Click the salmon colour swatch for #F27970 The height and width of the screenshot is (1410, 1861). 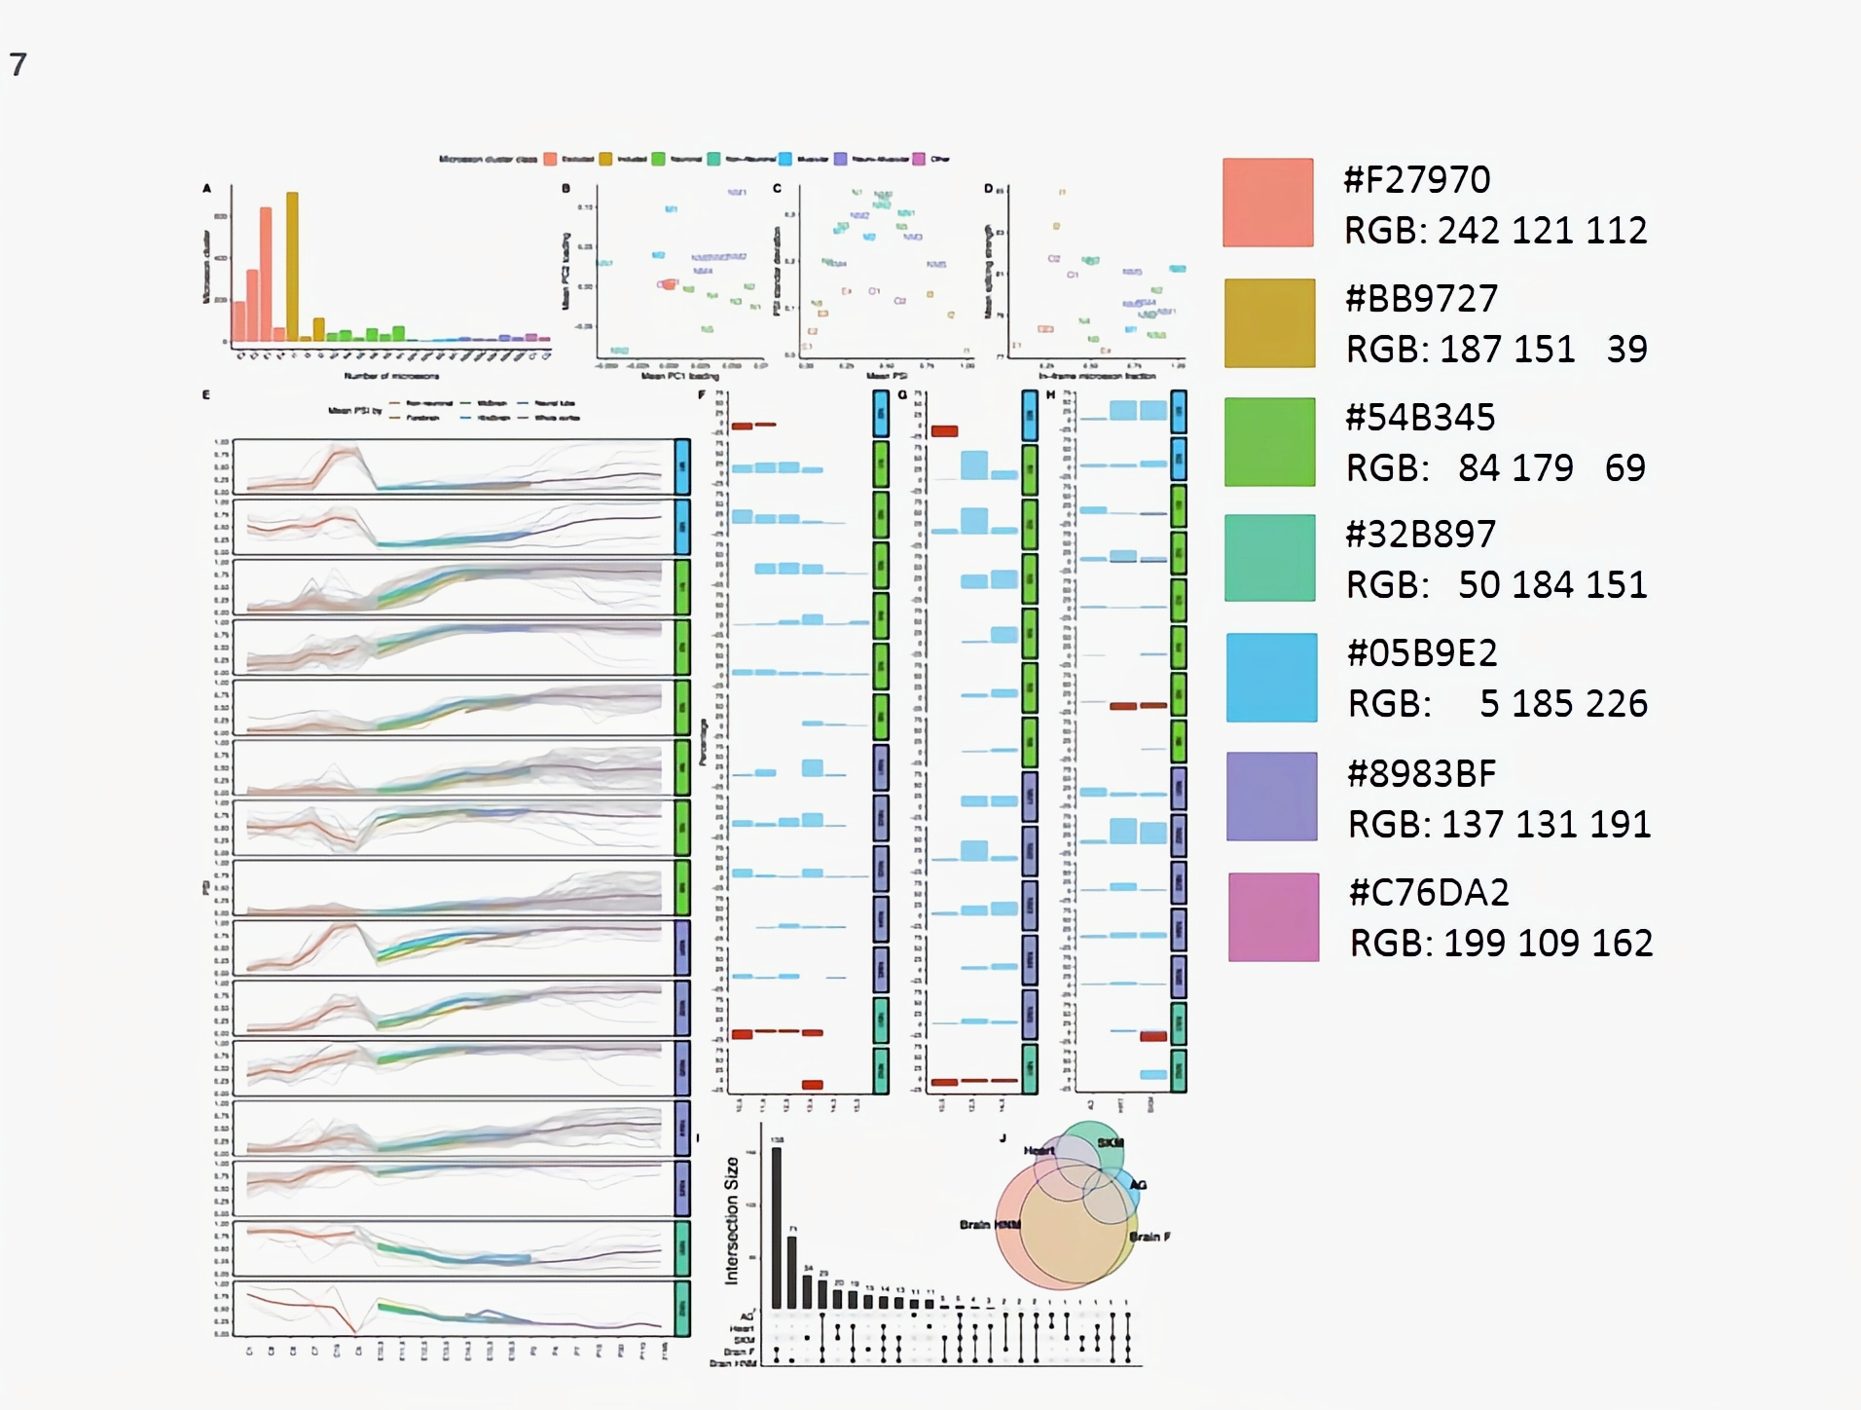[x=1267, y=203]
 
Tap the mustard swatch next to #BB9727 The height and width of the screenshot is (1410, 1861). [x=1269, y=323]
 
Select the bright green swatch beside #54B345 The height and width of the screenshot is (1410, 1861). [x=1269, y=442]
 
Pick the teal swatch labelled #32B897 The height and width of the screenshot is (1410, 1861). [x=1269, y=558]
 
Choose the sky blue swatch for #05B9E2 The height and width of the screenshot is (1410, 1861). [x=1271, y=678]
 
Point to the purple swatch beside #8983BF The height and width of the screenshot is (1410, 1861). [x=1271, y=797]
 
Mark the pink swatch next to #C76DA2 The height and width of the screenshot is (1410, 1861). [x=1273, y=917]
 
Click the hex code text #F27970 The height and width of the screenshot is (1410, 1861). [x=1416, y=180]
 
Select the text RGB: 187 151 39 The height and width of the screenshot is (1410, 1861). [x=1496, y=350]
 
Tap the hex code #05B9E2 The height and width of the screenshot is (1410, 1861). [x=1422, y=653]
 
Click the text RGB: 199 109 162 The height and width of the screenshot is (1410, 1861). [x=1501, y=944]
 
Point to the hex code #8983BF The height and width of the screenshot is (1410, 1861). [x=1421, y=774]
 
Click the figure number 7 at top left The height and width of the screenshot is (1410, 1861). [x=18, y=65]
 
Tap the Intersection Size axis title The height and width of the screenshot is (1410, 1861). [x=732, y=1221]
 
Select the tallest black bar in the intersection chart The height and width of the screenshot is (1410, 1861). [x=777, y=1227]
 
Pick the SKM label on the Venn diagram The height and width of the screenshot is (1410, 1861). [x=1111, y=1143]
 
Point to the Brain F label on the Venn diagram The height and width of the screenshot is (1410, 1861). [x=1149, y=1237]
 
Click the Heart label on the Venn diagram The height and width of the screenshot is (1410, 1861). [x=1039, y=1151]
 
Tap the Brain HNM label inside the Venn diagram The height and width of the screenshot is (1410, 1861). [x=990, y=1225]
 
